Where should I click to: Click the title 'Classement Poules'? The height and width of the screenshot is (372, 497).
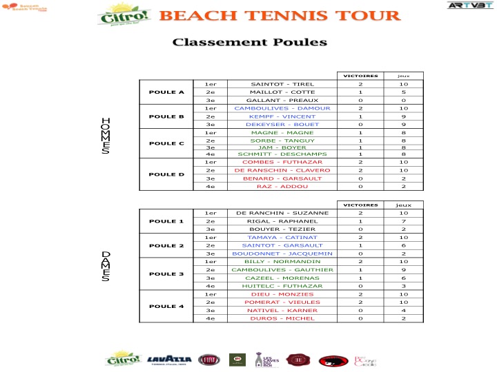pyautogui.click(x=249, y=42)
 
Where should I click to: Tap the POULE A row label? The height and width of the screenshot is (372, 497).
pyautogui.click(x=166, y=92)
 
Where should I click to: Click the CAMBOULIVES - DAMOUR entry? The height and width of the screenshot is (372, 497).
pyautogui.click(x=282, y=108)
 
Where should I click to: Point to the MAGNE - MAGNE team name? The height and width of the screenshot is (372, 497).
pyautogui.click(x=282, y=132)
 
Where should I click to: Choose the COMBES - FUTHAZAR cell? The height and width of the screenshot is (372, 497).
pyautogui.click(x=282, y=161)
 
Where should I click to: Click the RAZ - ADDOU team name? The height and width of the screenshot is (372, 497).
pyautogui.click(x=282, y=186)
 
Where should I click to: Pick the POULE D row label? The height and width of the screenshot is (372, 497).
pyautogui.click(x=166, y=174)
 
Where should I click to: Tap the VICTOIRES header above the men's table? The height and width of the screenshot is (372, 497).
pyautogui.click(x=360, y=75)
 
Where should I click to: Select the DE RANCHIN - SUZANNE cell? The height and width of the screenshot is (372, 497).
pyautogui.click(x=282, y=213)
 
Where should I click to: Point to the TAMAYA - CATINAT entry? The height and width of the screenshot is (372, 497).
pyautogui.click(x=282, y=237)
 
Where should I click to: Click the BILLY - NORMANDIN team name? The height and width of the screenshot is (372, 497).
pyautogui.click(x=282, y=262)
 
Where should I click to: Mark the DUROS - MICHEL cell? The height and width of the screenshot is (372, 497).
pyautogui.click(x=282, y=318)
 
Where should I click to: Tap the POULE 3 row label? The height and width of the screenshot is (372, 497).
pyautogui.click(x=166, y=273)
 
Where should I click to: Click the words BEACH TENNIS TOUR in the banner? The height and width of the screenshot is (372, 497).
pyautogui.click(x=280, y=16)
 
